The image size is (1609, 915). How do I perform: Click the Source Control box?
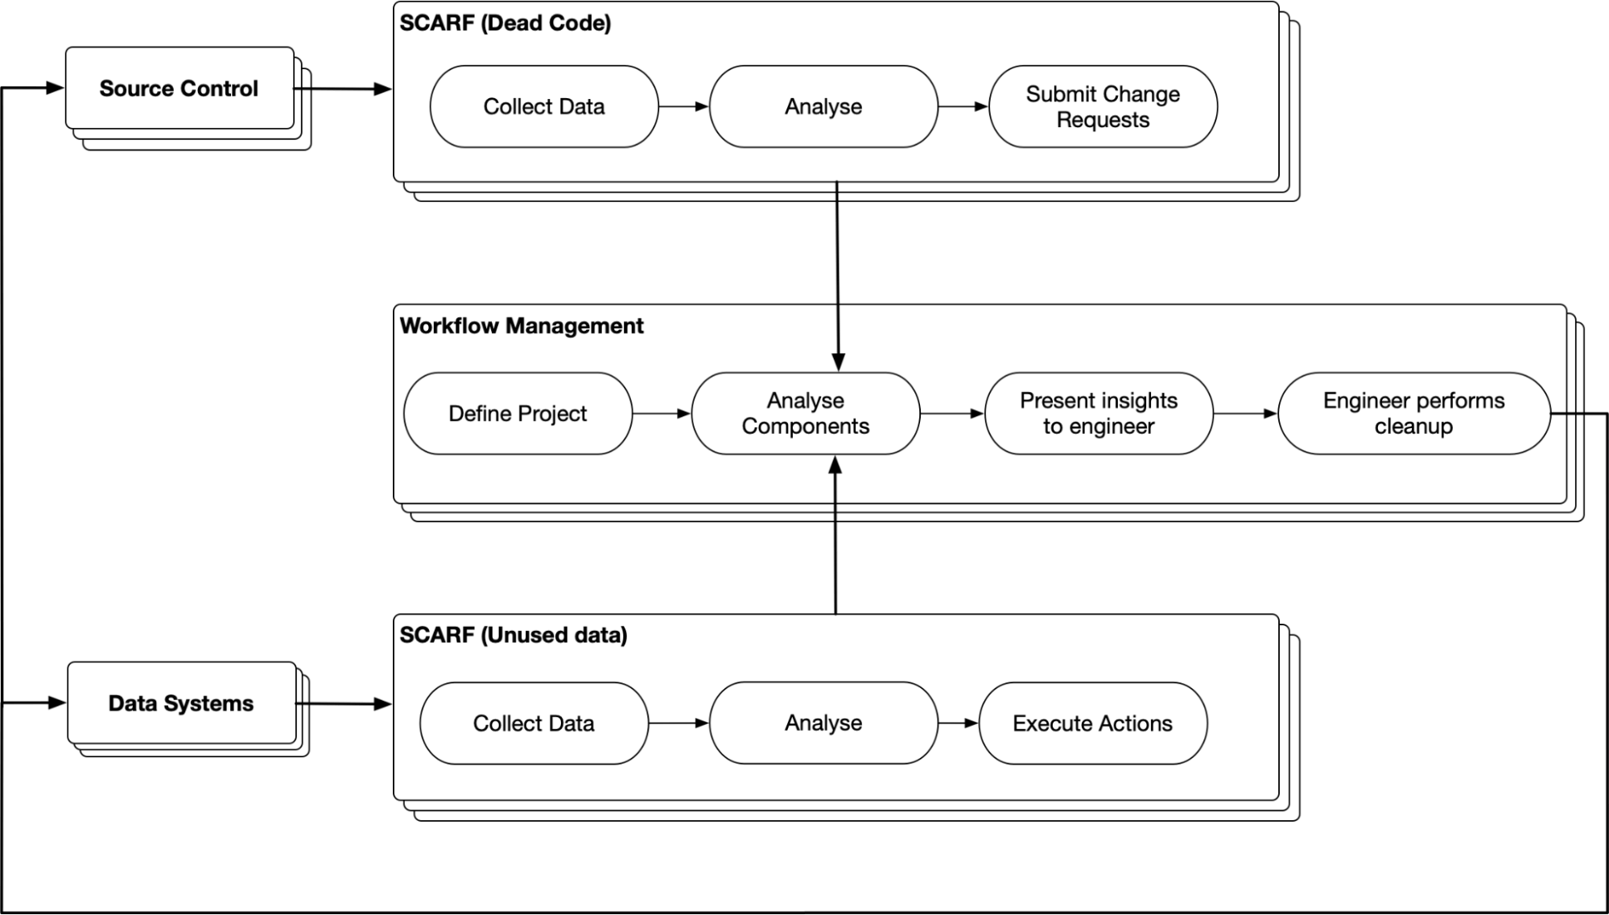pos(179,89)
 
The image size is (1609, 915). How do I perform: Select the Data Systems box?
pos(181,703)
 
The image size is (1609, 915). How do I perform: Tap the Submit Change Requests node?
pos(1103,107)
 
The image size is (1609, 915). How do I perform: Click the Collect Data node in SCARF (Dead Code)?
pos(544,107)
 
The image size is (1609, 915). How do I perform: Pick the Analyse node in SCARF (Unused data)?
pos(823,723)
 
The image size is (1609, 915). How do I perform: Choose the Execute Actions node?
pos(1092,723)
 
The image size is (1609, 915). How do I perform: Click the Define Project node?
pos(518,414)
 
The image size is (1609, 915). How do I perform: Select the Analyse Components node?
pos(805,414)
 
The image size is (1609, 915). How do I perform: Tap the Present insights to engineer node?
pos(1099,414)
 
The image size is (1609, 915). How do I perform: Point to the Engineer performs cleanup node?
pos(1413,414)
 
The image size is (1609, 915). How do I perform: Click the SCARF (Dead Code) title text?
pos(505,23)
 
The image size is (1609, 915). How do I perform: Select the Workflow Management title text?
pos(522,326)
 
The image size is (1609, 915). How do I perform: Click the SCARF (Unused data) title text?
pos(514,635)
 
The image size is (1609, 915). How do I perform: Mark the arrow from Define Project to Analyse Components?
pos(662,414)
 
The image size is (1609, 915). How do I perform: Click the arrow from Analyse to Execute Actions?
pos(958,723)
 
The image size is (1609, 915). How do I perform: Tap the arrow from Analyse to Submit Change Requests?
pos(963,106)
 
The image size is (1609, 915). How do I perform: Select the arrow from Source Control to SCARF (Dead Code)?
pos(344,89)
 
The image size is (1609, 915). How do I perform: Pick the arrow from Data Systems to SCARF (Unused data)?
pos(344,704)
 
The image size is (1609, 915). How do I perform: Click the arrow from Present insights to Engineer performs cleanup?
pos(1245,414)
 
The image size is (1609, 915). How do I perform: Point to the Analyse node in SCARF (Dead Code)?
pos(823,107)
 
